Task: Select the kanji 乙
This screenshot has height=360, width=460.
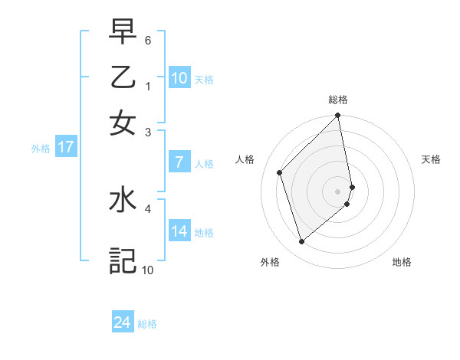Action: coord(123,77)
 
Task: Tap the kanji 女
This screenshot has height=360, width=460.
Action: coord(123,123)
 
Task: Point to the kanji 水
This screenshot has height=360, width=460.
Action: coord(123,200)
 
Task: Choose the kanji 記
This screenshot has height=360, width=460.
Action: coord(123,260)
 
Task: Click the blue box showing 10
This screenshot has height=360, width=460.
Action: coord(179,77)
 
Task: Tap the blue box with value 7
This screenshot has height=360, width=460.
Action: coord(179,162)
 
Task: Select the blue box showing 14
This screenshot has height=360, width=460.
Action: coord(179,231)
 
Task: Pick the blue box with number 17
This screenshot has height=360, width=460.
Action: coord(65,146)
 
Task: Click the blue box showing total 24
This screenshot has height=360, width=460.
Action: coord(122,322)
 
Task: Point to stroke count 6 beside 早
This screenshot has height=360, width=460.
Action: coord(148,39)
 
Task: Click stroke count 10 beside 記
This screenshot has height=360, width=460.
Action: coord(147,270)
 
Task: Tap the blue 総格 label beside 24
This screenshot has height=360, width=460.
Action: coord(148,324)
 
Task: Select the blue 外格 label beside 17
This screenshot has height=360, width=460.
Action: coord(40,149)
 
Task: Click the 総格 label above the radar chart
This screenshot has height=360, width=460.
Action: coord(338,100)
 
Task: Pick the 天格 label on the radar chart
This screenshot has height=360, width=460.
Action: coord(432,159)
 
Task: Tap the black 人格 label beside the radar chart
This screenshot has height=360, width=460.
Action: coord(245,159)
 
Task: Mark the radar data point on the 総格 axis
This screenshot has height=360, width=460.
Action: coord(338,116)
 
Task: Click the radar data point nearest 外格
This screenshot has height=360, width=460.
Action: coord(301,242)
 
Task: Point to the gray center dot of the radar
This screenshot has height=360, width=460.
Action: coord(338,191)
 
